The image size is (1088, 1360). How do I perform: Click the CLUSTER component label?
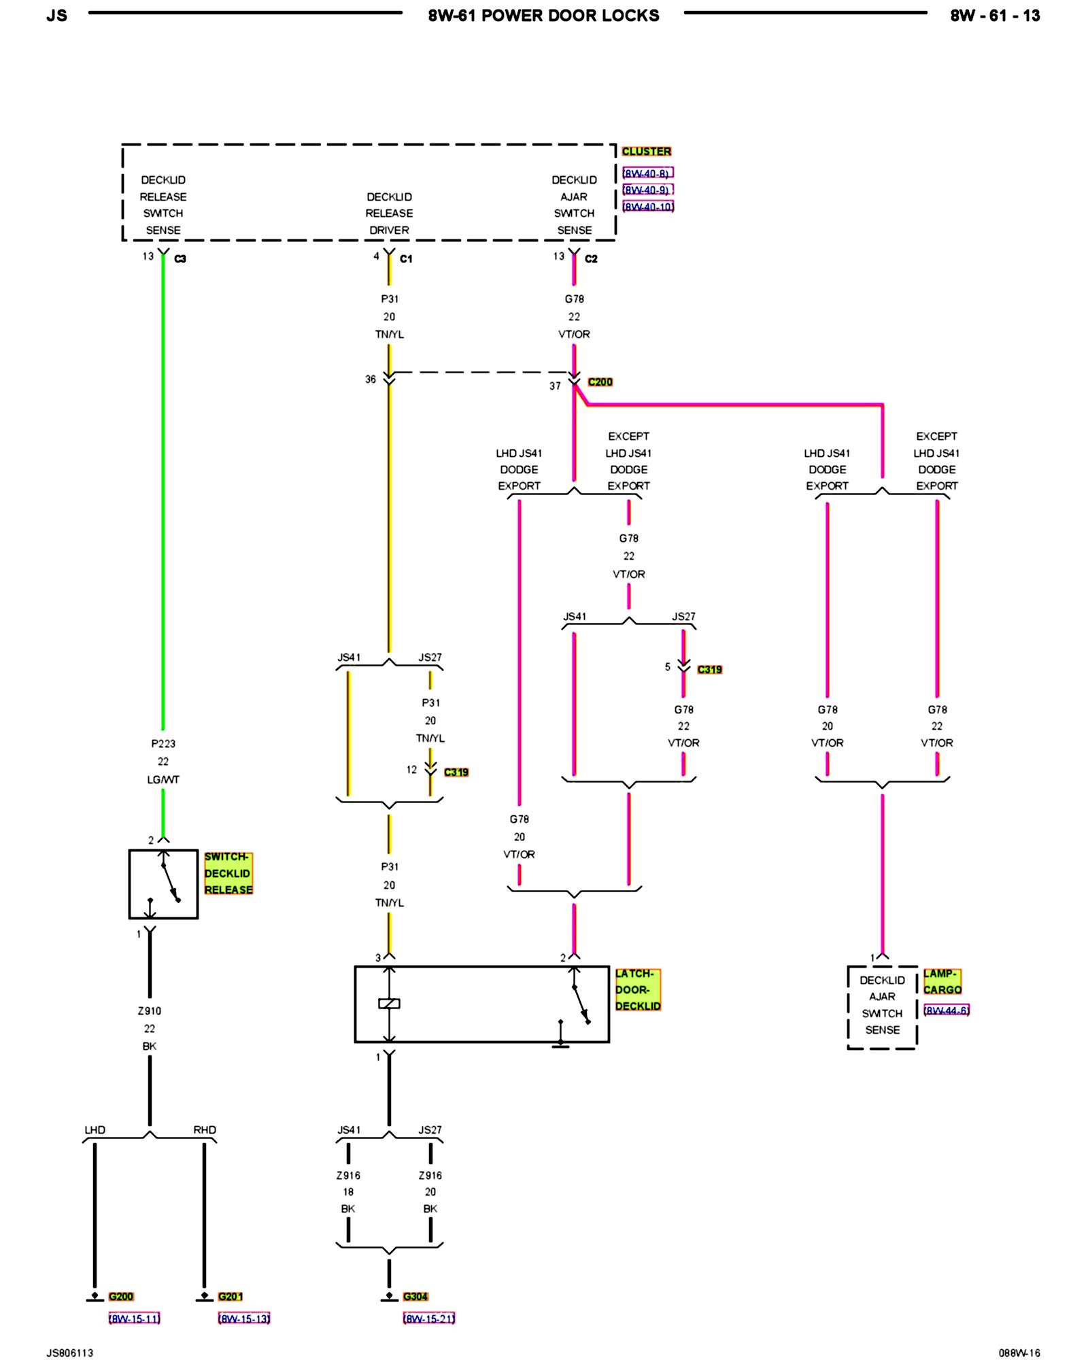[x=646, y=151]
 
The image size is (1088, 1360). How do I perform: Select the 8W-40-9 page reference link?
[x=647, y=190]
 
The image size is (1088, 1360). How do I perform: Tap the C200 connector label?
[x=600, y=382]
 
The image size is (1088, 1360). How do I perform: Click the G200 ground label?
[x=121, y=1296]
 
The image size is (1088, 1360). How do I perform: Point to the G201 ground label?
[x=231, y=1296]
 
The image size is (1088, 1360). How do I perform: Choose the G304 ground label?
[x=415, y=1296]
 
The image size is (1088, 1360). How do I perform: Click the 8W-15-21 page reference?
[x=429, y=1319]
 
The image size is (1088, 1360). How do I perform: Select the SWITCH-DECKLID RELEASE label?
[x=228, y=873]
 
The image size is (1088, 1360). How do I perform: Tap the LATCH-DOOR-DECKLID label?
[x=637, y=989]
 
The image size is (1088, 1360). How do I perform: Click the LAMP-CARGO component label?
[x=942, y=981]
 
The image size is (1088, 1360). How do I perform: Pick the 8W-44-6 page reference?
[x=946, y=1010]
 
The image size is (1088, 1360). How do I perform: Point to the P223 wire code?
[x=163, y=744]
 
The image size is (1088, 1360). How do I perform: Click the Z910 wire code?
[x=150, y=1011]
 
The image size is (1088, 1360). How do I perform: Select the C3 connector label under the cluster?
[x=180, y=259]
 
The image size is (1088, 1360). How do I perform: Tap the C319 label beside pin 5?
[x=709, y=670]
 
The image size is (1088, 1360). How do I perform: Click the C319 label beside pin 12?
[x=456, y=772]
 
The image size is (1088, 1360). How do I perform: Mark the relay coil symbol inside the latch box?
[x=389, y=1004]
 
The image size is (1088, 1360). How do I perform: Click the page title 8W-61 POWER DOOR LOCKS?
[x=543, y=16]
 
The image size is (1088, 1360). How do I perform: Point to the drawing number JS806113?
[x=70, y=1353]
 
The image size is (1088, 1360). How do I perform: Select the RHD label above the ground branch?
[x=205, y=1130]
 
